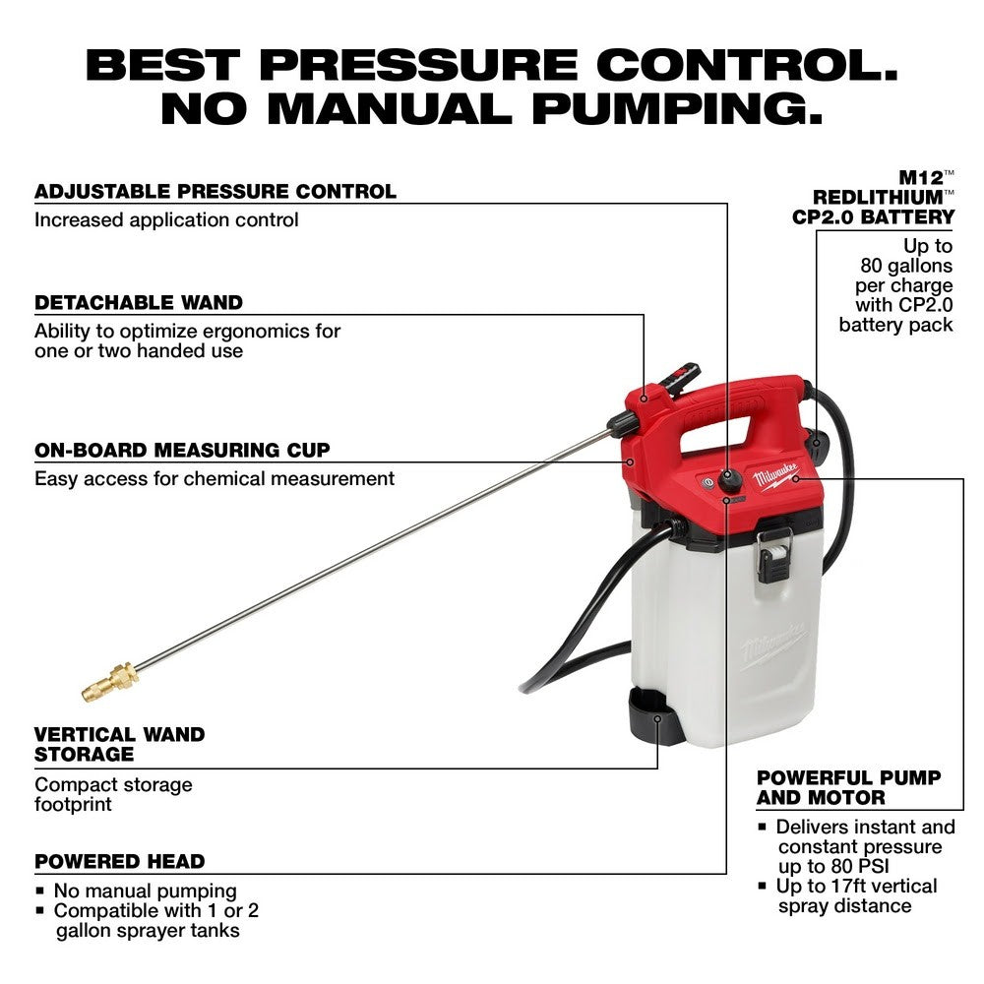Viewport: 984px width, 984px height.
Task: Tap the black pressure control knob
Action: (x=729, y=480)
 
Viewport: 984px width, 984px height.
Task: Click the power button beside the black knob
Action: (x=705, y=483)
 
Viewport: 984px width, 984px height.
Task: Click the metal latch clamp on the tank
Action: (x=773, y=555)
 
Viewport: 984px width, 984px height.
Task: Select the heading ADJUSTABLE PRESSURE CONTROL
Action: (x=215, y=191)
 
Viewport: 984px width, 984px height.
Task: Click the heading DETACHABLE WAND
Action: (x=139, y=302)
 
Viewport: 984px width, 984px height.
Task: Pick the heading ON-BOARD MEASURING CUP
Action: (x=182, y=451)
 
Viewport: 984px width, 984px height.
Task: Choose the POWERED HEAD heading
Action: (x=120, y=861)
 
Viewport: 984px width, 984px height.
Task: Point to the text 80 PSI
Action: (x=840, y=866)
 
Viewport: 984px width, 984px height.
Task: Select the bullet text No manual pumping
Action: (x=145, y=891)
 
